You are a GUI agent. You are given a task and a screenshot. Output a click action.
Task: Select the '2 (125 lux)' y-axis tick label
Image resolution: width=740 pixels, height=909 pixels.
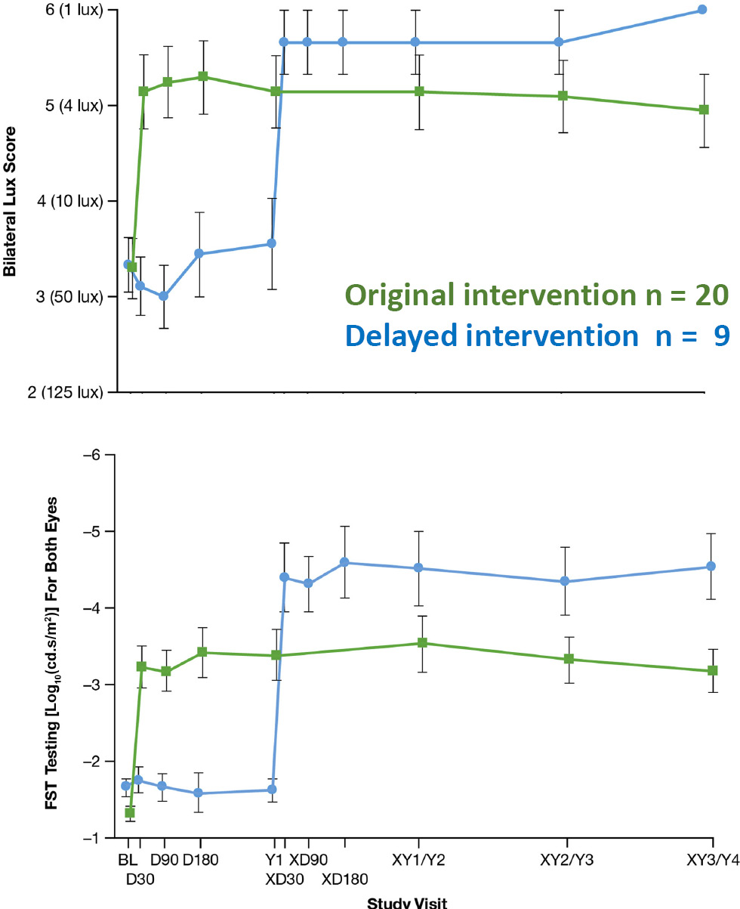pyautogui.click(x=65, y=391)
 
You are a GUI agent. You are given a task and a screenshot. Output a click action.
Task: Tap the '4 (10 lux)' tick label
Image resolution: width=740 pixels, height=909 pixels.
pyautogui.click(x=69, y=201)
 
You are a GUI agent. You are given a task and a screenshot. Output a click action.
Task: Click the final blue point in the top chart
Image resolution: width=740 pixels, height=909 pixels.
pyautogui.click(x=701, y=10)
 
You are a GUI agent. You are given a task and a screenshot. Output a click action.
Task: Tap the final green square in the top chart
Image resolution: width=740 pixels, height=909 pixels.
pyautogui.click(x=704, y=110)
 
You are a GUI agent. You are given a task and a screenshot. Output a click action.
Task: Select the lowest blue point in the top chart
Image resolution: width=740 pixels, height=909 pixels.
pyautogui.click(x=164, y=296)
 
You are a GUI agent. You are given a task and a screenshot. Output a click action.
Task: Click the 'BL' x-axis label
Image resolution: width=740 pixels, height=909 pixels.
pyautogui.click(x=127, y=859)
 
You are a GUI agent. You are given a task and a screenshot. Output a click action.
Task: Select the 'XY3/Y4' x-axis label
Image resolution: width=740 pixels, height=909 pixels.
pyautogui.click(x=711, y=859)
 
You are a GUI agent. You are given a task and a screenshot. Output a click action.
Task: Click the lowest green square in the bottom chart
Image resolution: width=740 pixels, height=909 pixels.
pyautogui.click(x=130, y=813)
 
